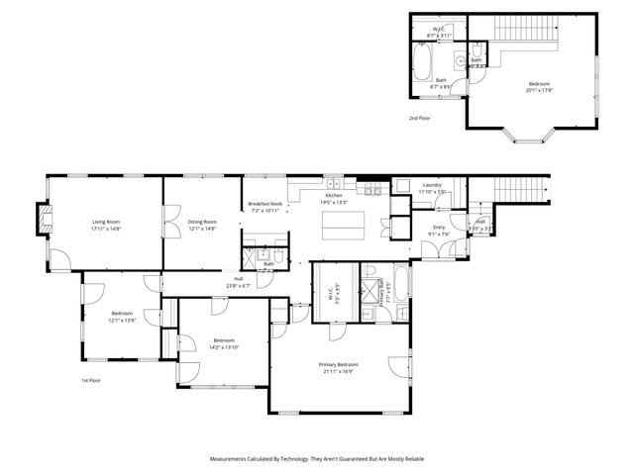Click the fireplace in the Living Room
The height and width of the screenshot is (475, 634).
click(42, 220)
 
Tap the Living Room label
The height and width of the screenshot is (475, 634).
click(105, 221)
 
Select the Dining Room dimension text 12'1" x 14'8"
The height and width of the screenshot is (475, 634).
click(202, 228)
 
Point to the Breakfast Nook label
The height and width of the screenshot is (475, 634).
click(265, 203)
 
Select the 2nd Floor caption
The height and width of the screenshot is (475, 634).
click(419, 118)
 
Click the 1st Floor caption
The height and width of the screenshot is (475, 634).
click(92, 380)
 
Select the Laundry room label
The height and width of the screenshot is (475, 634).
click(431, 185)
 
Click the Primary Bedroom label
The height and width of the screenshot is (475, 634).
click(338, 364)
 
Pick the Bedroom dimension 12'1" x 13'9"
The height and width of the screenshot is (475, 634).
click(122, 319)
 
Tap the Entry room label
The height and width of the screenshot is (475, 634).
click(438, 228)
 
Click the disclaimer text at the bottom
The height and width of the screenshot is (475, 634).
click(317, 459)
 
